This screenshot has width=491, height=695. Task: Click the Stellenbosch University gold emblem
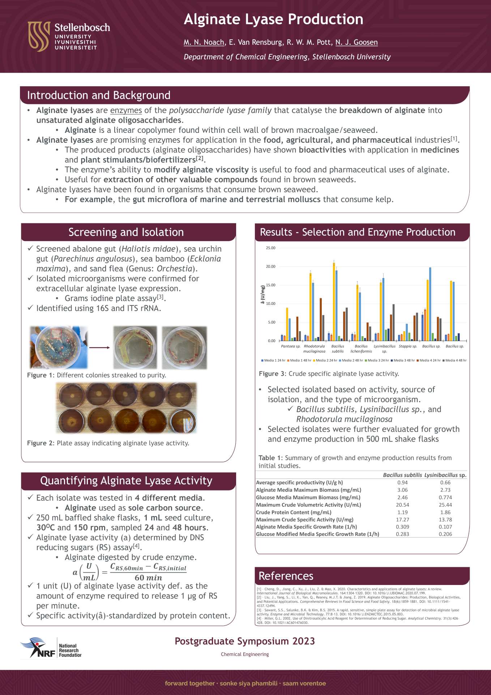coord(39,36)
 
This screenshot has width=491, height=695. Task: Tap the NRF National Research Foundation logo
coord(51,648)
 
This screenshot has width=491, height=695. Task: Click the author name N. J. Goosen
coord(356,42)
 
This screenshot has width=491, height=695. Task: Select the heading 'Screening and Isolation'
coord(126,232)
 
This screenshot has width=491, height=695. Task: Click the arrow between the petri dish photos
coord(99,347)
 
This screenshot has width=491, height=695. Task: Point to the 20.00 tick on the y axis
coord(270,266)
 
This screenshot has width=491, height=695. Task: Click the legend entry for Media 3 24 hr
coord(378,360)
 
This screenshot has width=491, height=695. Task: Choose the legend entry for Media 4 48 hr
coord(455,360)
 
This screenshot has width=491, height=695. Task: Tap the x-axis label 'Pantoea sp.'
coord(291,346)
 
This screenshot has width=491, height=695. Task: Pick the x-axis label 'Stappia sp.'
coord(408,346)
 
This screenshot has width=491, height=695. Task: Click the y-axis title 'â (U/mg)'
coord(263,294)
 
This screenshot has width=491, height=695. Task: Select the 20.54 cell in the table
coord(402,505)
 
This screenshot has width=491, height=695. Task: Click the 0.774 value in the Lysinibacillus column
coord(445,497)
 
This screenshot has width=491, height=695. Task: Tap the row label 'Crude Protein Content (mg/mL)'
coord(294,512)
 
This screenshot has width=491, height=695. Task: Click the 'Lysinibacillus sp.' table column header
coord(445,475)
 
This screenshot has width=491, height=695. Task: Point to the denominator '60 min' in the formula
coord(148,578)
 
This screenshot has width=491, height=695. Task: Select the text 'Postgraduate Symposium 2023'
coord(245,641)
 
